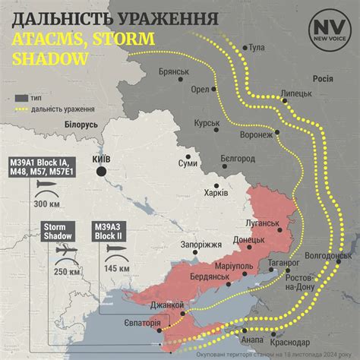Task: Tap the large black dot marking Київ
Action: [x=101, y=172]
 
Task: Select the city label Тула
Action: [x=257, y=48]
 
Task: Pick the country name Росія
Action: [x=322, y=78]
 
